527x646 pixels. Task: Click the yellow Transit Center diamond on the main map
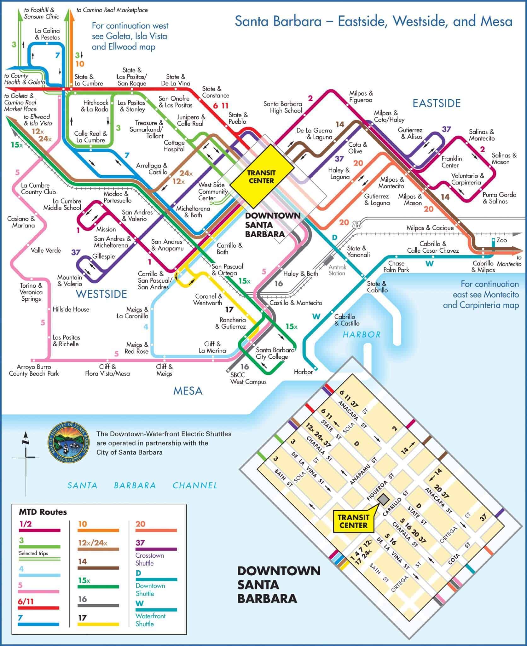[261, 177]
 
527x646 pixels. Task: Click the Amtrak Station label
[337, 270]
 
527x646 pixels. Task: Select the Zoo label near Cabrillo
[501, 240]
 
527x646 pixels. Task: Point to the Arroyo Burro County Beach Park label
[34, 370]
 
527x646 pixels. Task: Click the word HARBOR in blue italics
[362, 334]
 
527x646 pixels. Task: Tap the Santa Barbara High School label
[283, 107]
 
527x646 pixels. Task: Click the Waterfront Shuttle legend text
[150, 620]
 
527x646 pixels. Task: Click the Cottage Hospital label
[174, 146]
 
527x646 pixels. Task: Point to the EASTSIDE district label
[437, 103]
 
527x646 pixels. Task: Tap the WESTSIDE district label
[101, 294]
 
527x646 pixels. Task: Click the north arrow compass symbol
[26, 457]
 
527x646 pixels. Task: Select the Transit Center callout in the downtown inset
[353, 521]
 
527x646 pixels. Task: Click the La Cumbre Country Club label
[38, 189]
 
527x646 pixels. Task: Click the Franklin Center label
[451, 162]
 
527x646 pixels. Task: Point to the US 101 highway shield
[356, 225]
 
